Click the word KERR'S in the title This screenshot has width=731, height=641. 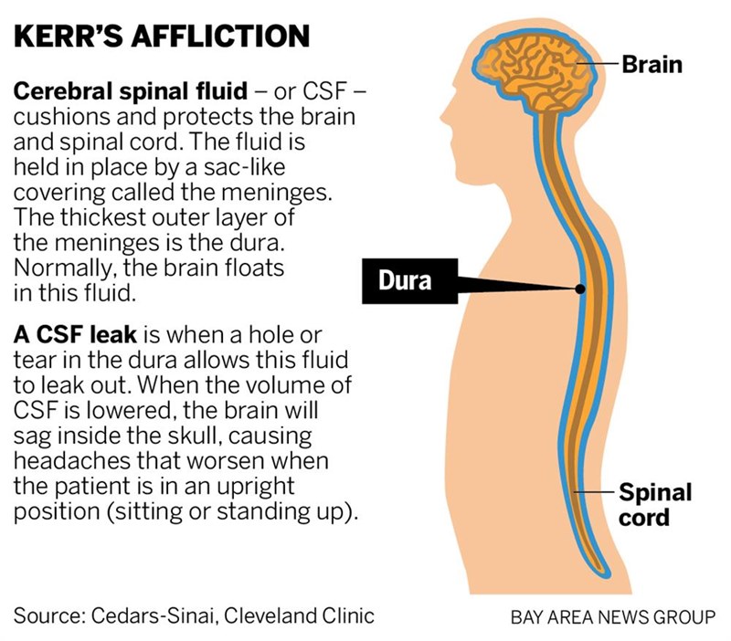[68, 36]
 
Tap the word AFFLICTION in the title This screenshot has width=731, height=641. [220, 36]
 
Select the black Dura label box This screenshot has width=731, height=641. [409, 281]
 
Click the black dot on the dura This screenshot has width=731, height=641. [580, 289]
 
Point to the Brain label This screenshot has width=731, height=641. [652, 64]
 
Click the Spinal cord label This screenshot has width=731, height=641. [655, 505]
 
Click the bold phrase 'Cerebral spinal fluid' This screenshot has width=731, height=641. [131, 90]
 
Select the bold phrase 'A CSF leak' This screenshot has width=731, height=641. [75, 334]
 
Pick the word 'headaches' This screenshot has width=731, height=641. [72, 460]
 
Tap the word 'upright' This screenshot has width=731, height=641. [256, 487]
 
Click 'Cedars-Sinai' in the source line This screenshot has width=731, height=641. [153, 615]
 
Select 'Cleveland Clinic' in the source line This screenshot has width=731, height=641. [299, 615]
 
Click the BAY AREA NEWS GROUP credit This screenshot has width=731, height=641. [613, 617]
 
